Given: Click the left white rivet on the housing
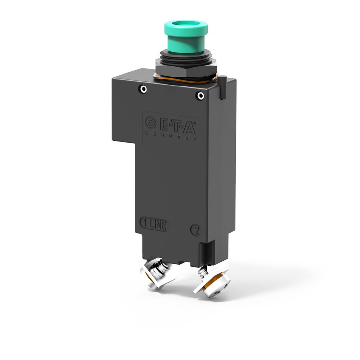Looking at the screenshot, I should [x=143, y=89].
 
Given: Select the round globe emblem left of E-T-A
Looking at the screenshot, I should [x=150, y=123].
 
